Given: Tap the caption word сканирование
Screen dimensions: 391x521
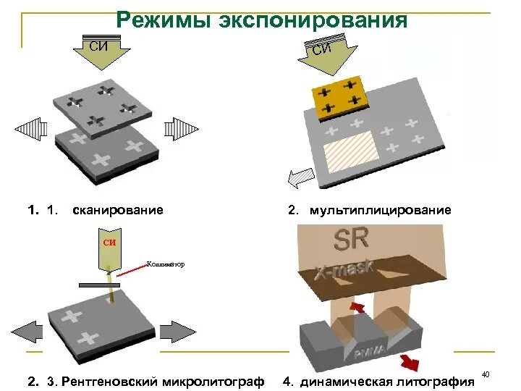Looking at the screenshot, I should tap(118, 210).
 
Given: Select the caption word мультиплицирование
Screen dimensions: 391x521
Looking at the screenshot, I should tap(380, 210).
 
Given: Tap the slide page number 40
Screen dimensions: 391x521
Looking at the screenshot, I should tap(486, 374).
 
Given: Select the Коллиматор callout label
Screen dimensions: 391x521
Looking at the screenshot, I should tap(166, 264).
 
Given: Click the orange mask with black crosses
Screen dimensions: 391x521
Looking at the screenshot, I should tap(338, 96).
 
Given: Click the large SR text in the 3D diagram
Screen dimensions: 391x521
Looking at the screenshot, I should tap(350, 240).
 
